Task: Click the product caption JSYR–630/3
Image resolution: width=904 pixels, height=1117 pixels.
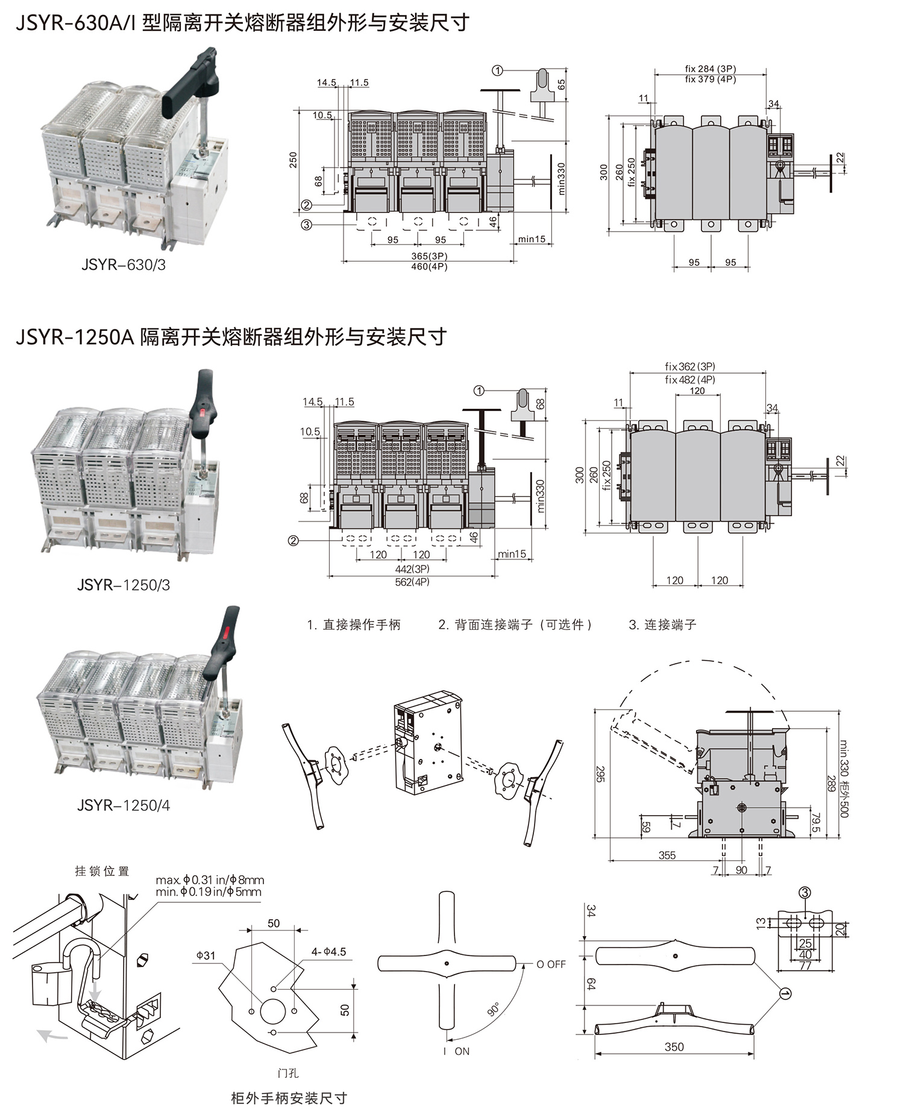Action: pos(124,265)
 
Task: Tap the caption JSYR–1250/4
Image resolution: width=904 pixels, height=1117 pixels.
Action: pos(124,805)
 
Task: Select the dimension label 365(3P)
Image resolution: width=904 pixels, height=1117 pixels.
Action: pos(429,256)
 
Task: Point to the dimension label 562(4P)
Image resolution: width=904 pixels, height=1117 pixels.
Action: pos(412,582)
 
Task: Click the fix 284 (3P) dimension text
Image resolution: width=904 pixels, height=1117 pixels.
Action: pos(710,69)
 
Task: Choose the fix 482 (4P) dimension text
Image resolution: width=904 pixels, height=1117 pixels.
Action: pos(690,380)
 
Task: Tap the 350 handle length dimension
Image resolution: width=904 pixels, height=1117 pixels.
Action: pos(674,1046)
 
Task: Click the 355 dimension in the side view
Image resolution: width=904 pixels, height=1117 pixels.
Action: pos(667,855)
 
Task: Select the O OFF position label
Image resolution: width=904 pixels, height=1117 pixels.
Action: pos(551,964)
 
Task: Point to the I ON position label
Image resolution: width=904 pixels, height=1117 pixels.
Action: pos(456,1051)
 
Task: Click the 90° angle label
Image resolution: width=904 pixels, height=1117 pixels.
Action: pos(494,1010)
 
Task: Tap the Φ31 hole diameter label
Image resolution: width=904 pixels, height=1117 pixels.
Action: pos(206,955)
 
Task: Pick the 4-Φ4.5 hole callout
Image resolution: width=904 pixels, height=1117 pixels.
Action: pos(328,952)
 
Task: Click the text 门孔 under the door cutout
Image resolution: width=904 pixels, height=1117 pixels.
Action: pos(288,1073)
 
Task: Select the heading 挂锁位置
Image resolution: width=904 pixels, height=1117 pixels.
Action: pos(102,871)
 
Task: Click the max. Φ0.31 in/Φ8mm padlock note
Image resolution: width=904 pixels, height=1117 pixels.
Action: pos(210,880)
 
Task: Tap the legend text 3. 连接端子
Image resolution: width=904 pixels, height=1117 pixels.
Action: pos(662,625)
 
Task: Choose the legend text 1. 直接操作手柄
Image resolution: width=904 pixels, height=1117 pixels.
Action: pos(353,625)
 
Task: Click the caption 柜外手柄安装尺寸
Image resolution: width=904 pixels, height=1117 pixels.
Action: pos(289,1098)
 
